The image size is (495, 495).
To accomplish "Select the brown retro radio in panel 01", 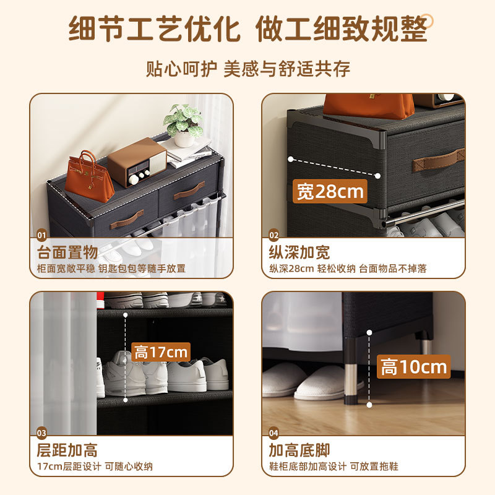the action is [137, 162].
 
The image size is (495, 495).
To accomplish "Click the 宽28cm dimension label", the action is [330, 191].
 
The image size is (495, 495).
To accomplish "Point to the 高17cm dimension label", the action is [161, 352].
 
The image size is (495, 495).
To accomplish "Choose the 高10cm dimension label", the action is [413, 366].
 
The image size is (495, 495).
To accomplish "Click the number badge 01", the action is [41, 235].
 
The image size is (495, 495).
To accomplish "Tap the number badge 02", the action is [273, 235].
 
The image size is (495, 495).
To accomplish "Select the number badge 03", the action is [41, 433].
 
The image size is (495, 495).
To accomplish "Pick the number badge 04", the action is [273, 433].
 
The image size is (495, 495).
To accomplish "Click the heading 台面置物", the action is [67, 252].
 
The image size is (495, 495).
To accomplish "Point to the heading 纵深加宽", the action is [299, 252].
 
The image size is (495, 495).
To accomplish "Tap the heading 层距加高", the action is [67, 450].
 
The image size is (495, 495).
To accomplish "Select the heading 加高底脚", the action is [299, 450].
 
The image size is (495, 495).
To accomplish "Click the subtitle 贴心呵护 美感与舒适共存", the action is [248, 69].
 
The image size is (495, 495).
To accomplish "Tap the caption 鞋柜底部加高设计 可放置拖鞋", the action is [334, 467].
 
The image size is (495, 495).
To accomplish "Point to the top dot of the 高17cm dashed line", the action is [126, 315].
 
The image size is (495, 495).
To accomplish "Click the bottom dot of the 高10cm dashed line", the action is [369, 405].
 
